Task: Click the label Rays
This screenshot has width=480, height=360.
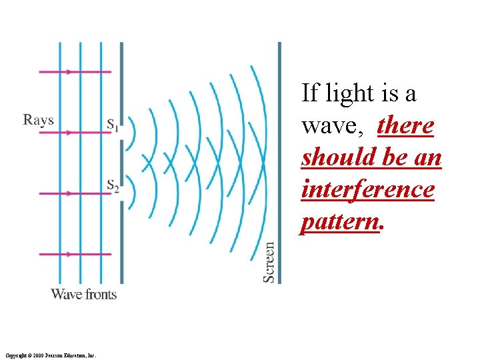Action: point(38,120)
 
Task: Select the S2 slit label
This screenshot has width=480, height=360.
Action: point(112,187)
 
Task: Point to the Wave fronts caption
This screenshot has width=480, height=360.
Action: point(83,294)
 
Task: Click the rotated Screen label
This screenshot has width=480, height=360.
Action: point(269,261)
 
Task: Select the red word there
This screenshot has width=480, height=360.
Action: point(405,125)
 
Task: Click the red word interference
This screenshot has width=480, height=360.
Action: point(367,189)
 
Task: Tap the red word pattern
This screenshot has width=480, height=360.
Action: point(339,221)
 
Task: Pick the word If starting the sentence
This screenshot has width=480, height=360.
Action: point(310,93)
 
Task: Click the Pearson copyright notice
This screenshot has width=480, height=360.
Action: point(50,355)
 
